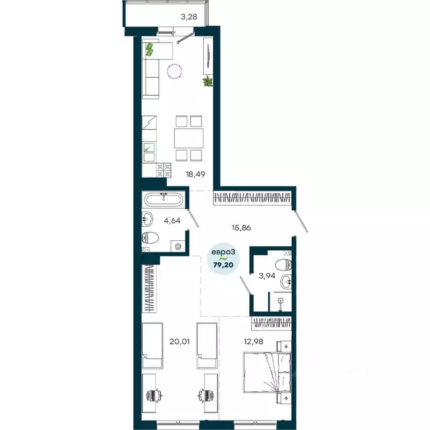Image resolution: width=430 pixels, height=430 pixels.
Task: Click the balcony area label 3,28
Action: pyautogui.click(x=189, y=16)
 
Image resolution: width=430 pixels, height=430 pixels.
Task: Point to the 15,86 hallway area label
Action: pyautogui.click(x=241, y=227)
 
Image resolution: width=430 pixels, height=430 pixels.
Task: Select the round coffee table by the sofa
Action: pyautogui.click(x=175, y=71)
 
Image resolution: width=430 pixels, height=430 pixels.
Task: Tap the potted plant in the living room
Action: pyautogui.click(x=208, y=82)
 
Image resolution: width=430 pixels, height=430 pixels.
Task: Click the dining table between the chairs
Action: pyautogui.click(x=188, y=138)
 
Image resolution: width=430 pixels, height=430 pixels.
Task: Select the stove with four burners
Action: pyautogui.click(x=163, y=169)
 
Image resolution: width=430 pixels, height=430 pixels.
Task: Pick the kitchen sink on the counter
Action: pyautogui.click(x=149, y=148)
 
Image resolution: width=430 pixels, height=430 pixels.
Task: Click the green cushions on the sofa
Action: pyautogui.click(x=149, y=50)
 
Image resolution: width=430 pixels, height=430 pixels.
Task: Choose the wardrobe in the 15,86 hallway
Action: pyautogui.click(x=253, y=197)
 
